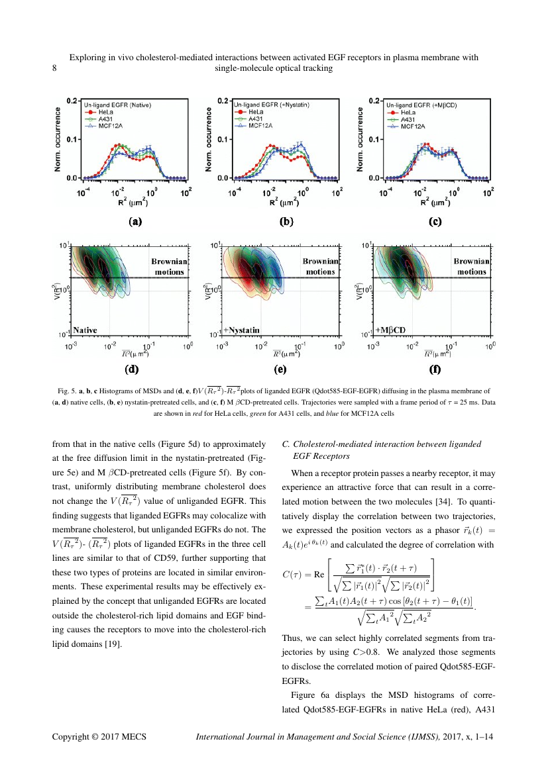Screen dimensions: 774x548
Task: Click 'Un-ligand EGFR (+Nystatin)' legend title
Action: pyautogui.click(x=272, y=105)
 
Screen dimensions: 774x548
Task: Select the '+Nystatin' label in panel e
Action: pyautogui.click(x=241, y=329)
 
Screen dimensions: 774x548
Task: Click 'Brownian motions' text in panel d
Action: pyautogui.click(x=170, y=266)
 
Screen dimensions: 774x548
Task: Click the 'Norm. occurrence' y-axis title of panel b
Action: pyautogui.click(x=209, y=140)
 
